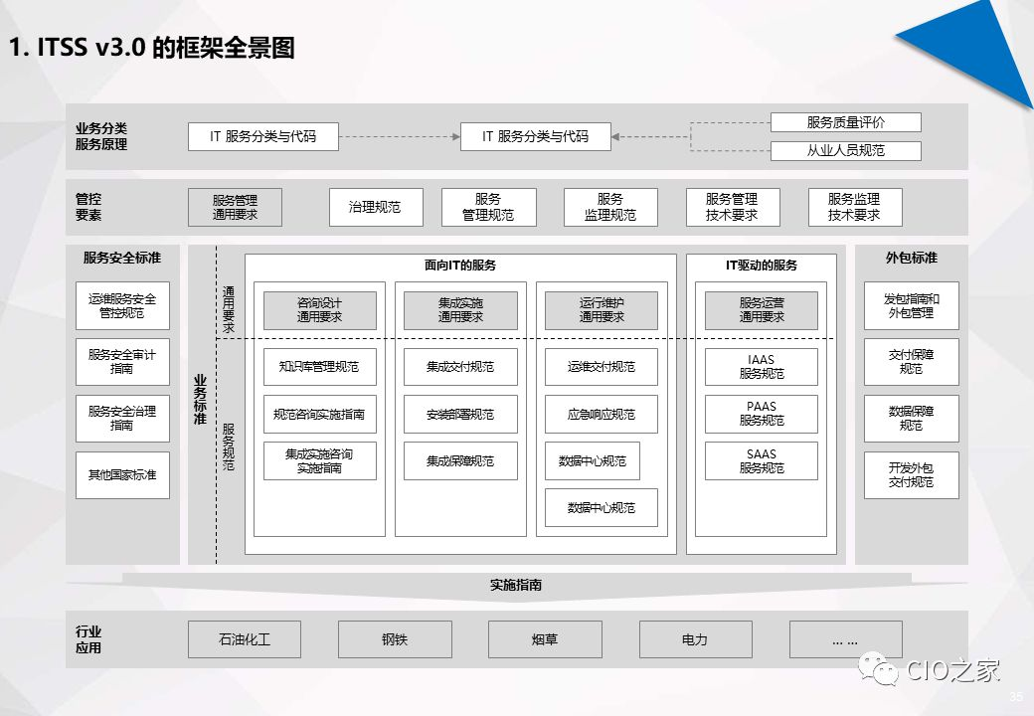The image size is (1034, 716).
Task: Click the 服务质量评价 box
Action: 845,122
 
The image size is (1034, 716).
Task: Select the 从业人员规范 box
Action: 845,151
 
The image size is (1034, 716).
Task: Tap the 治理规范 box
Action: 376,207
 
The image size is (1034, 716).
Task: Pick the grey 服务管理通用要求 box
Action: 235,207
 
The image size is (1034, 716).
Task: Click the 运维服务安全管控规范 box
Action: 122,305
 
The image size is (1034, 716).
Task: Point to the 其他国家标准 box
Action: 122,475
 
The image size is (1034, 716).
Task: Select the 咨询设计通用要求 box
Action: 319,310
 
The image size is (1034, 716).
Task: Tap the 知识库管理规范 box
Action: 319,367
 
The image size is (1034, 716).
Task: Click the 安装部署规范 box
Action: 460,414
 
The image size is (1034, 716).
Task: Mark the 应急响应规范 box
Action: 602,414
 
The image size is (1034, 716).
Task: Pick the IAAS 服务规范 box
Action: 761,367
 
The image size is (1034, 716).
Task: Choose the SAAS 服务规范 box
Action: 761,461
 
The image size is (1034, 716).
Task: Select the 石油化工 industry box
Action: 245,639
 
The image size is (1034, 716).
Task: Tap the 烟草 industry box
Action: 545,639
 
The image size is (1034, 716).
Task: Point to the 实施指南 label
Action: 516,585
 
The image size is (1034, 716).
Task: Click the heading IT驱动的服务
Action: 762,266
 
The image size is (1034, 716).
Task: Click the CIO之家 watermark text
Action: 952,671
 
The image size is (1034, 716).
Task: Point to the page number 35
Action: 1015,696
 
